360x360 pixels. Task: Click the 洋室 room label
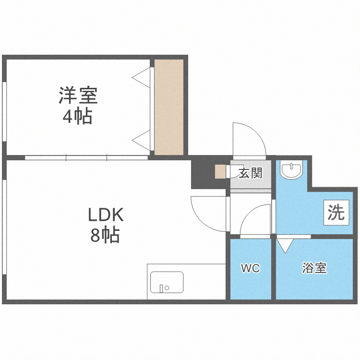tap(78, 96)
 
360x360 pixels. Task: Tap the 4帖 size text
tap(77, 117)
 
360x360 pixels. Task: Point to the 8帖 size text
tap(105, 235)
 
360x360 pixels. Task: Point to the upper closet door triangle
tap(142, 77)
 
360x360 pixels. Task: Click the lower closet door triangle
tap(142, 140)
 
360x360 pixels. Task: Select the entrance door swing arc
tap(249, 139)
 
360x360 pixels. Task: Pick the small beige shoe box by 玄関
tap(220, 172)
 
